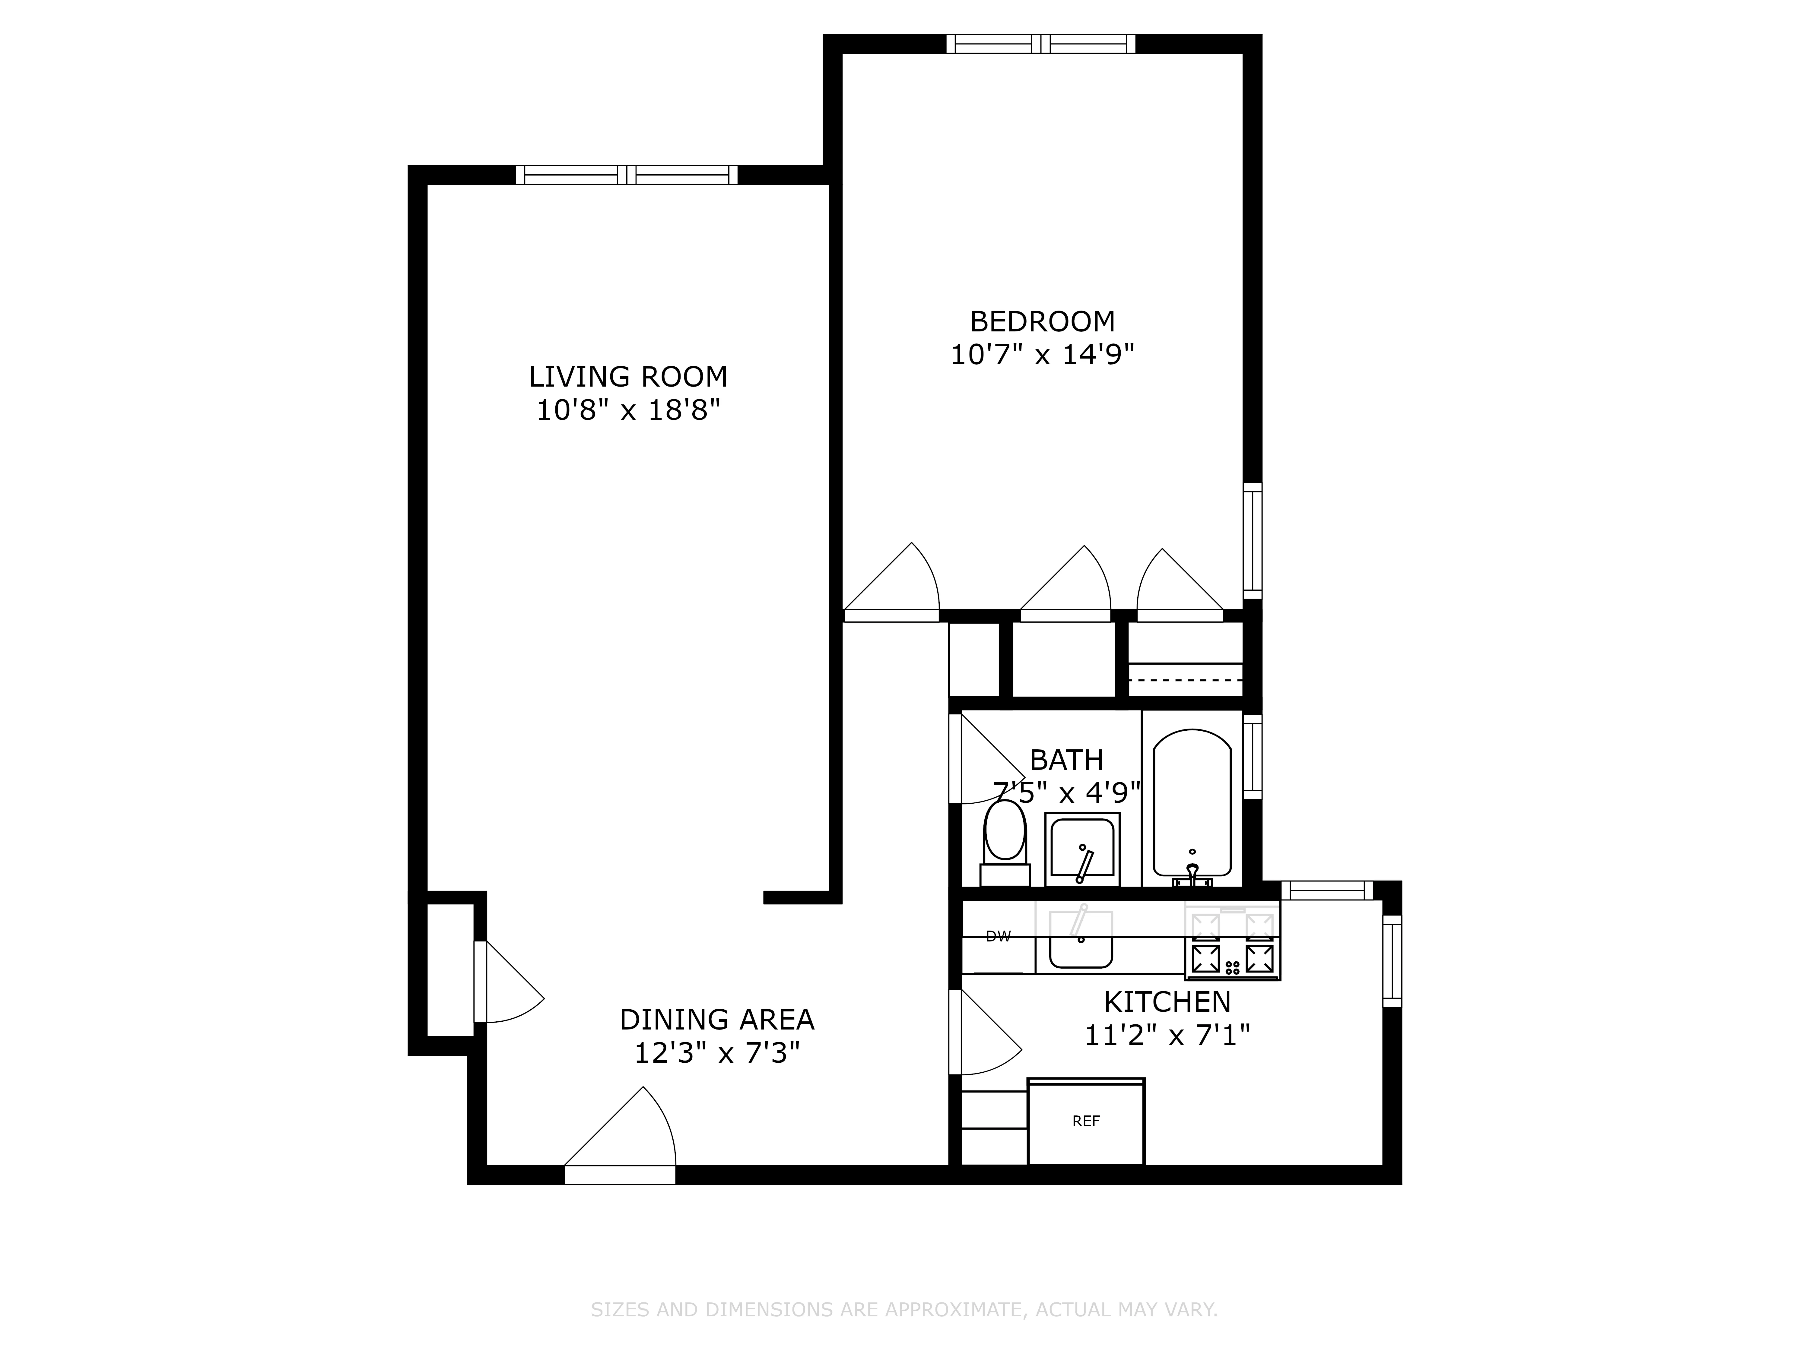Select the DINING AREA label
pyautogui.click(x=717, y=1019)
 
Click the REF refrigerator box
pyautogui.click(x=1086, y=1121)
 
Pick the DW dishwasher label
pyautogui.click(x=998, y=937)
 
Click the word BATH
pyautogui.click(x=1066, y=760)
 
